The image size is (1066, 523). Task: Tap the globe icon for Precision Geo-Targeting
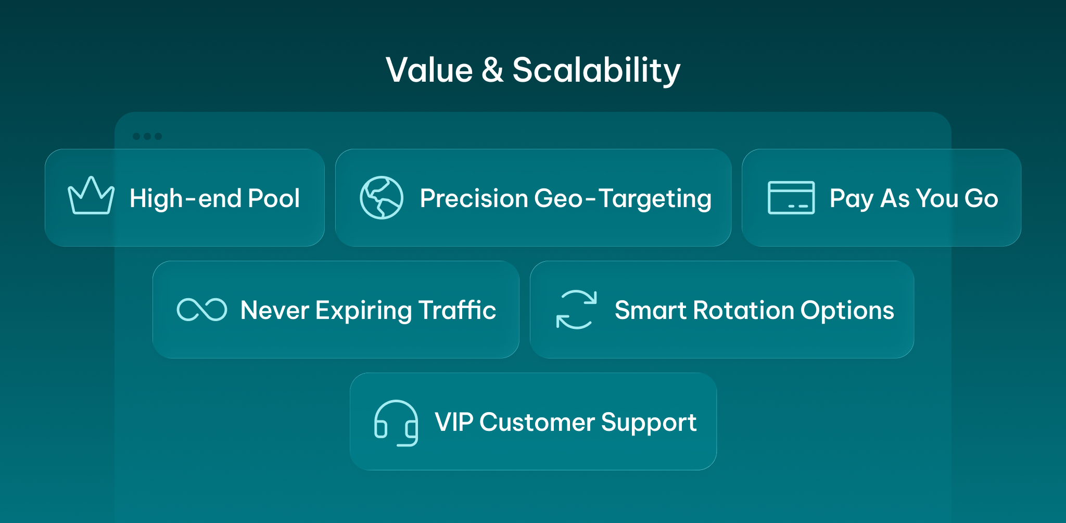tap(382, 180)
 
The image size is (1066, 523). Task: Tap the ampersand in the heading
tap(492, 70)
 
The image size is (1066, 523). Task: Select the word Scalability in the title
tap(597, 71)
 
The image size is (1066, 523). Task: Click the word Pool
tap(274, 198)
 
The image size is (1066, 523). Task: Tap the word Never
tap(275, 310)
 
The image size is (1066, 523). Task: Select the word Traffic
tap(457, 310)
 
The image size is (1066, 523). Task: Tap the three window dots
tap(147, 136)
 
